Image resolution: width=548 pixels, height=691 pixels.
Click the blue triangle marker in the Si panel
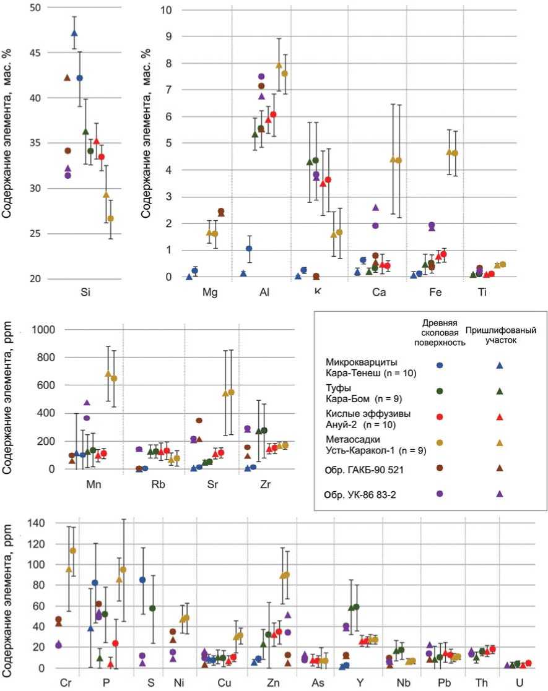pyautogui.click(x=74, y=33)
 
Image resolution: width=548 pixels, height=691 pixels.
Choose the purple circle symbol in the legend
pyautogui.click(x=440, y=494)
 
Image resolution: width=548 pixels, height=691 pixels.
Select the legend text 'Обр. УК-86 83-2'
pyautogui.click(x=364, y=494)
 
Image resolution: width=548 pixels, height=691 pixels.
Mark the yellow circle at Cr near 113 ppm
pyautogui.click(x=73, y=551)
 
